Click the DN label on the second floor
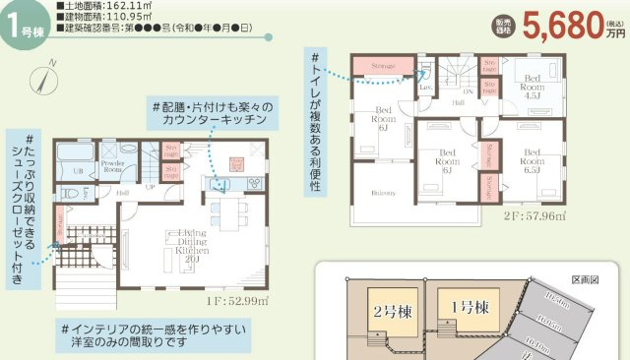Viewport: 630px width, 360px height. (x=469, y=92)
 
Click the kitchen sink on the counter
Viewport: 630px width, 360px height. (x=220, y=183)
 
